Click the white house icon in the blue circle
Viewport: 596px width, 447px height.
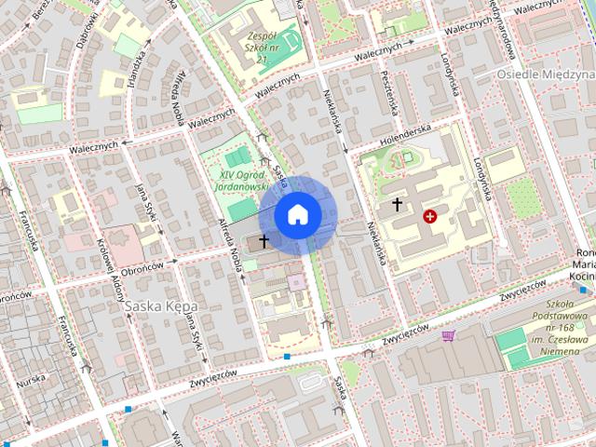298,215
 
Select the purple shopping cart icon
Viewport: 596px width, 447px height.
450,336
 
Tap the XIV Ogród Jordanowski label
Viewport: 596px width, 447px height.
242,180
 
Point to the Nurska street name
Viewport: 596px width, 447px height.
31,379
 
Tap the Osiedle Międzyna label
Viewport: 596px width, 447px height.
545,74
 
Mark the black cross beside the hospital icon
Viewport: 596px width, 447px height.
398,203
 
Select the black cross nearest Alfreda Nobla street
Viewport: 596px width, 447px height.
264,241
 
